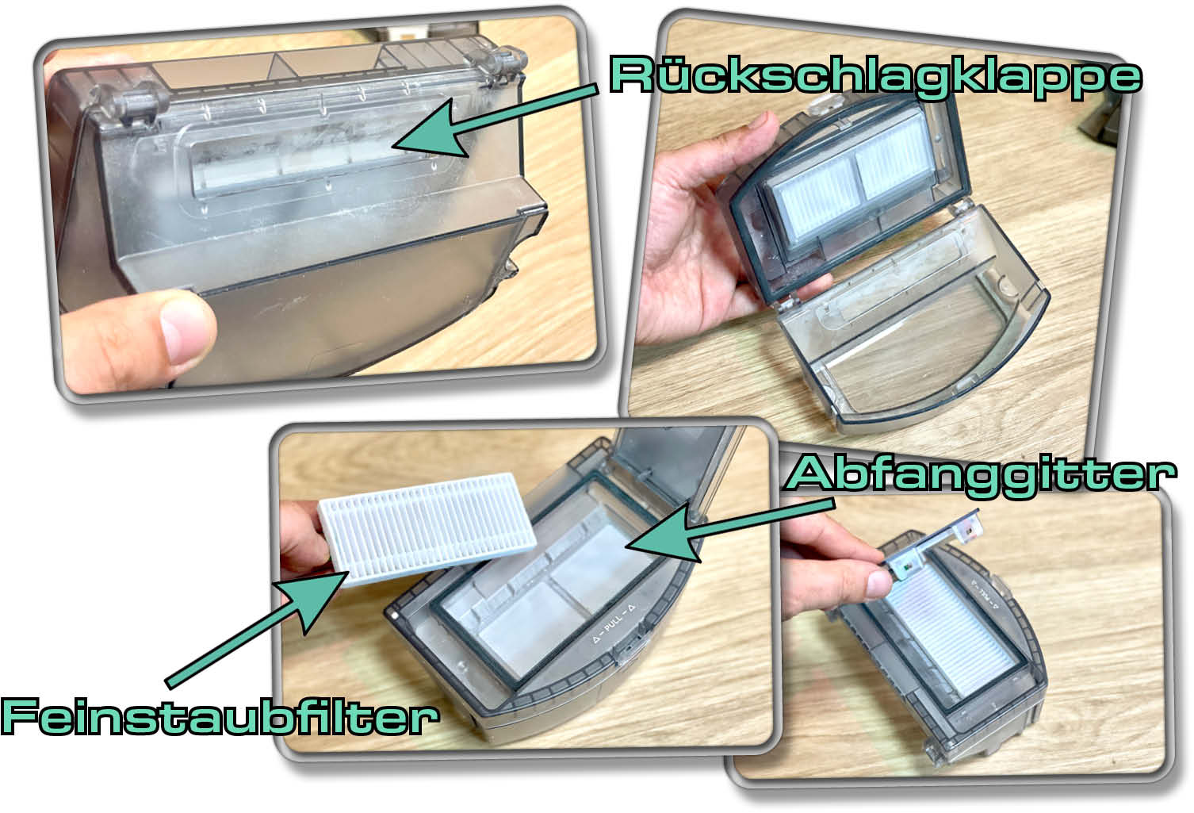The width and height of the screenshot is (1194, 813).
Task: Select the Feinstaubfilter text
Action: (x=220, y=716)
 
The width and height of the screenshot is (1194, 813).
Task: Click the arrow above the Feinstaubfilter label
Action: (x=256, y=629)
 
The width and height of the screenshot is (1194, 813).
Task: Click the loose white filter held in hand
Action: (x=427, y=527)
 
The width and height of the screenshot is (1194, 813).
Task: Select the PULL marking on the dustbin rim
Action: (x=614, y=623)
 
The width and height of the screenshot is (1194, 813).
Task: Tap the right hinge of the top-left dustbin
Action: (x=499, y=65)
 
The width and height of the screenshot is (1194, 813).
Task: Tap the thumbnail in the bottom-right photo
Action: (x=878, y=583)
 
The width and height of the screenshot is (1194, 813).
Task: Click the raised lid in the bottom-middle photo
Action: (x=672, y=469)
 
